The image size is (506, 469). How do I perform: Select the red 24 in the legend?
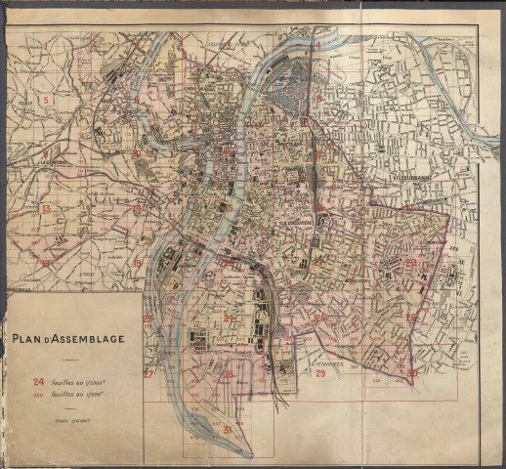point(39,382)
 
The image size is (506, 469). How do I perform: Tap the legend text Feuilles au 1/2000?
point(87,382)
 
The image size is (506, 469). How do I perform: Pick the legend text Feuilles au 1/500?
point(87,397)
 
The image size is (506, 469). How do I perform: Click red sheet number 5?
point(45,101)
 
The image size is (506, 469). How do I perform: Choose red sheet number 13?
point(45,209)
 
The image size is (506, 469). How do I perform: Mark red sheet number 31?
point(227,430)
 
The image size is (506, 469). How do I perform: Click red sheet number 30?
point(413,372)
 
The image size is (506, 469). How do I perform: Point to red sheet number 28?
point(228,373)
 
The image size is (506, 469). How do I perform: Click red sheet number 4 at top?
point(317,45)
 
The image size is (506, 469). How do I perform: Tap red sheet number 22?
point(411,262)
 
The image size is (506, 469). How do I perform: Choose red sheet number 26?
point(319,317)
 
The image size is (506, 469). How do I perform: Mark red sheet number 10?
point(137,153)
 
